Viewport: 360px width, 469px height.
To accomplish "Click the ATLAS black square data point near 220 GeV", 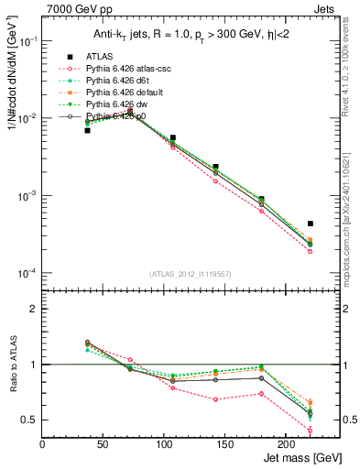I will point(311,224).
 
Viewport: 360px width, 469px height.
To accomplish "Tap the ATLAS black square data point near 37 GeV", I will point(87,130).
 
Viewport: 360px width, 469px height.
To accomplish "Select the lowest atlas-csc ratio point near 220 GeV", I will point(311,431).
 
